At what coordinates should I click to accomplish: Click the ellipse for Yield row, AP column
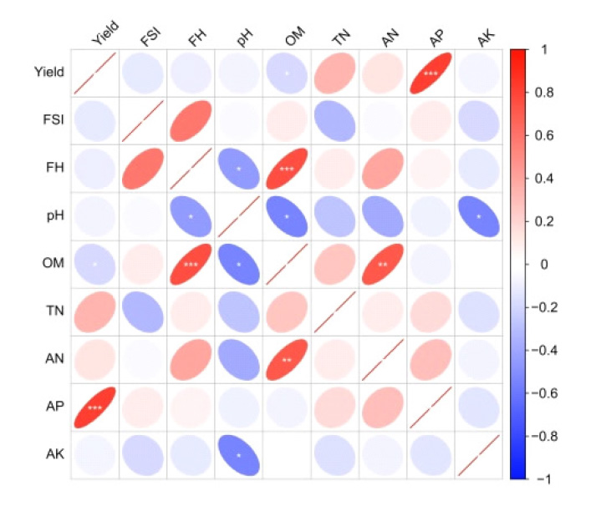coord(430,73)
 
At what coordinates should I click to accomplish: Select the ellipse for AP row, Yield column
coord(94,407)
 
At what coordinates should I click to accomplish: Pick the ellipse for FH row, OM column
coord(287,169)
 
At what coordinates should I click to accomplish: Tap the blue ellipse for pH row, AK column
coord(478,216)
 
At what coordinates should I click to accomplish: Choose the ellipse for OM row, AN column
coord(382,264)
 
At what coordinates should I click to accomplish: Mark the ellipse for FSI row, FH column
coord(191,121)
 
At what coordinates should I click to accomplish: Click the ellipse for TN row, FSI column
coord(143,312)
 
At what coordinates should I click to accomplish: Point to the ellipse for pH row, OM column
coord(287,216)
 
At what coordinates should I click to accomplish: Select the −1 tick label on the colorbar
coord(543,479)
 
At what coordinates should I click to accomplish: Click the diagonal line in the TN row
coord(334,312)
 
